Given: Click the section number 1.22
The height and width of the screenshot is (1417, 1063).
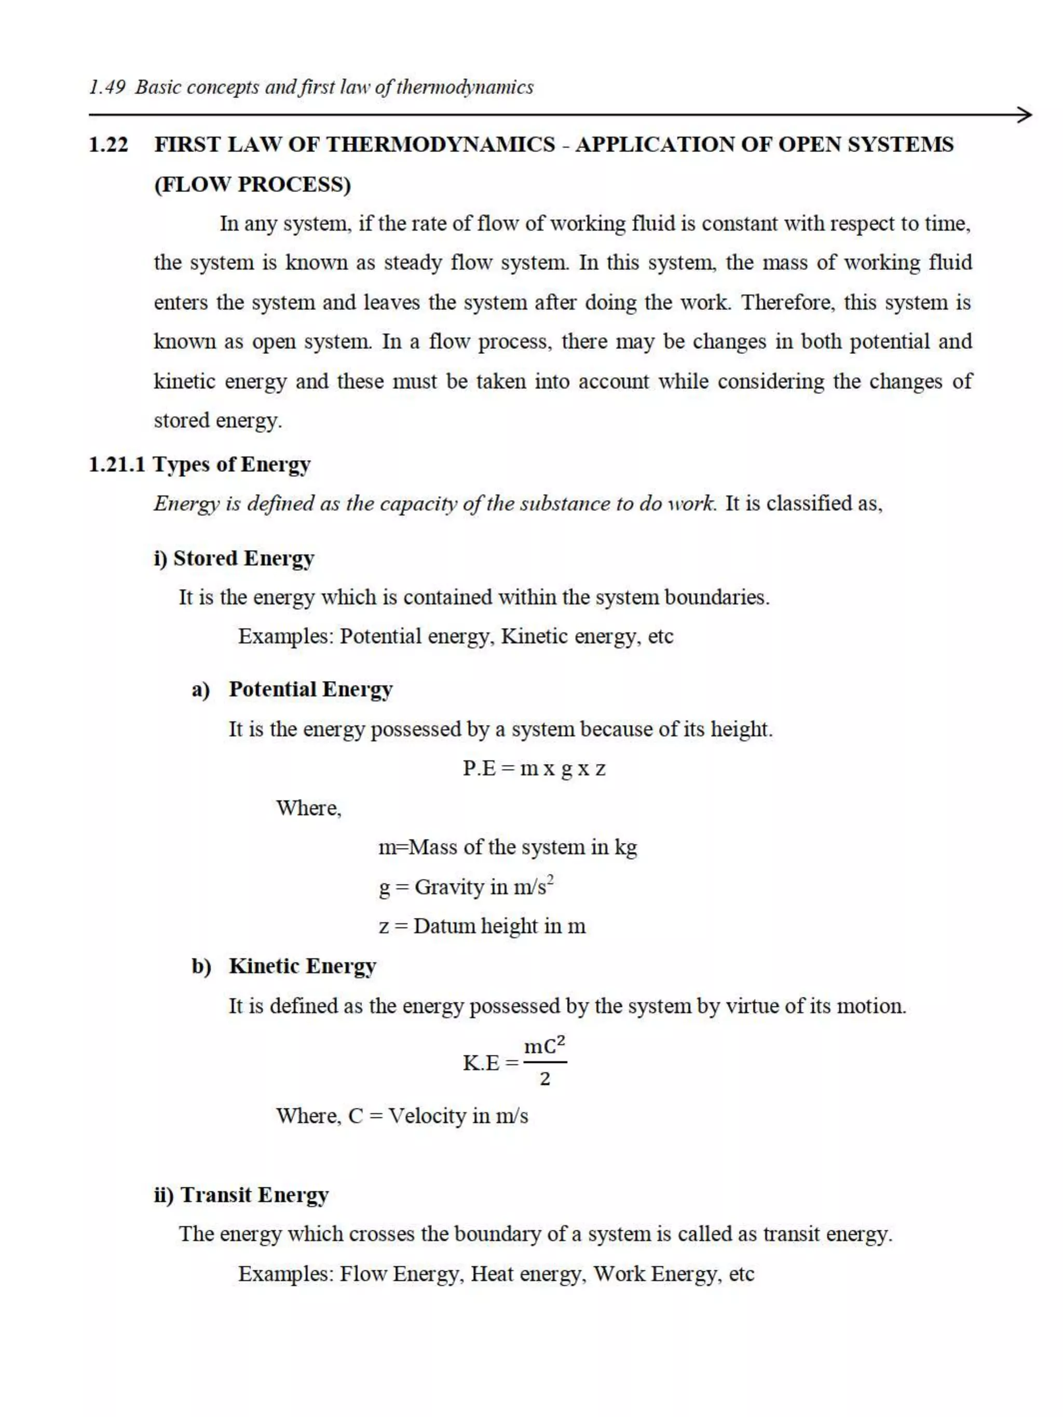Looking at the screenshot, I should pyautogui.click(x=108, y=145).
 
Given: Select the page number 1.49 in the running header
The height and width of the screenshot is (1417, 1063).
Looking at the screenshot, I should pyautogui.click(x=107, y=87).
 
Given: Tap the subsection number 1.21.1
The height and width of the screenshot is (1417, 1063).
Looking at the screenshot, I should pyautogui.click(x=117, y=464).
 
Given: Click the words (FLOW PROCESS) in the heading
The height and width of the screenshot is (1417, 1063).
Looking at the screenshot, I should pyautogui.click(x=252, y=185).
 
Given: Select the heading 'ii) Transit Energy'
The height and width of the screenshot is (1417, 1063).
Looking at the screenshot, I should pyautogui.click(x=241, y=1195).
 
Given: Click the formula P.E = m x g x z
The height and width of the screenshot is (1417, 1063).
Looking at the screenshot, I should pyautogui.click(x=534, y=768).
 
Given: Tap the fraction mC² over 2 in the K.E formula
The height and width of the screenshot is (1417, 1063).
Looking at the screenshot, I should pyautogui.click(x=544, y=1063).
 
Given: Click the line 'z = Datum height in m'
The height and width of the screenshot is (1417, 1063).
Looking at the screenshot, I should pyautogui.click(x=482, y=926).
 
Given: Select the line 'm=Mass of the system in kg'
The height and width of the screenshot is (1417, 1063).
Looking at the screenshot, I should pyautogui.click(x=508, y=847).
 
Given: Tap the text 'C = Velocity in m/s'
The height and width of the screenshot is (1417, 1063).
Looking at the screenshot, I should pyautogui.click(x=438, y=1116).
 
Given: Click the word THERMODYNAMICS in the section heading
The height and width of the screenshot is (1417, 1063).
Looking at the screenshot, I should pyautogui.click(x=440, y=145).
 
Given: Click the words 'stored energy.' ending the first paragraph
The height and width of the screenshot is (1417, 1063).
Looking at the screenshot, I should pyautogui.click(x=218, y=421).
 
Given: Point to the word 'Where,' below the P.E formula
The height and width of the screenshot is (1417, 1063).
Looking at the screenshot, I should pyautogui.click(x=309, y=808).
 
